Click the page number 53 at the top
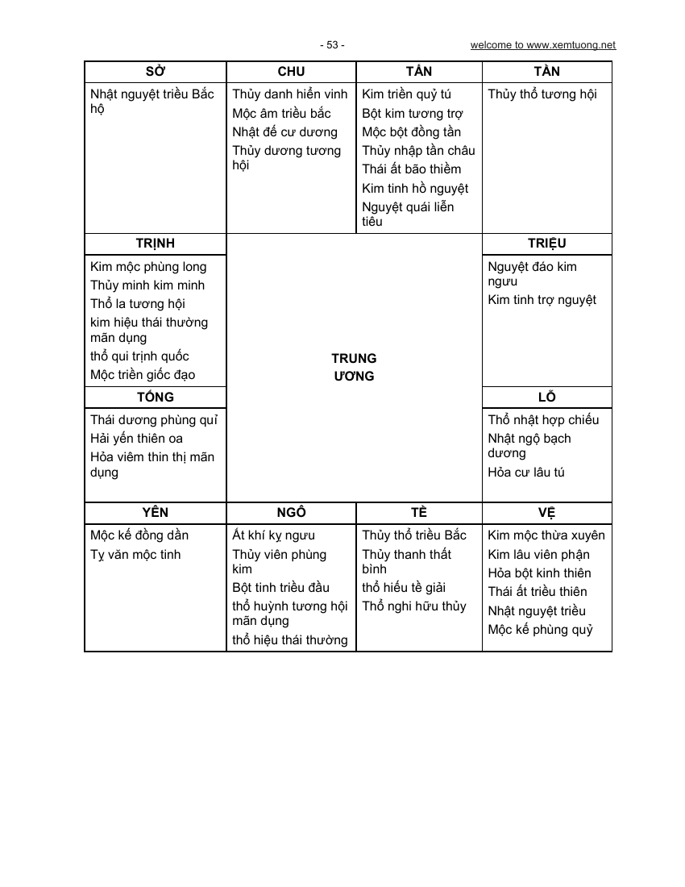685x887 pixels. click(x=331, y=45)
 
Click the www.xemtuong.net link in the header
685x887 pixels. click(x=543, y=45)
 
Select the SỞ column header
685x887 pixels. click(x=156, y=71)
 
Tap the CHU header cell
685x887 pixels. click(x=291, y=71)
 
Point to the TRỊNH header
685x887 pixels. click(x=156, y=244)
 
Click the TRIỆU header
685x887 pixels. click(x=547, y=244)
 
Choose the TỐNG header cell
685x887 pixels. click(x=156, y=397)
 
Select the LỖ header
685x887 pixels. click(x=547, y=397)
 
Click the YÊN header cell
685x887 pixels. click(x=156, y=512)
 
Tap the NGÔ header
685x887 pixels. click(x=291, y=512)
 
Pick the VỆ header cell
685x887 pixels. click(x=547, y=512)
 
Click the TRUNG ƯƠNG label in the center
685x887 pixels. click(x=354, y=367)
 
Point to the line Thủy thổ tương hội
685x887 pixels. click(x=542, y=94)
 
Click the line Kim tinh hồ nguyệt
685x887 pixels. click(x=415, y=189)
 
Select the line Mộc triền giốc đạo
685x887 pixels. click(x=143, y=375)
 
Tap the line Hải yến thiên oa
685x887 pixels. click(x=136, y=439)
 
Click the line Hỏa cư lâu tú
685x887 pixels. click(x=526, y=473)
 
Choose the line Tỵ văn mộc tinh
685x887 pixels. click(x=135, y=555)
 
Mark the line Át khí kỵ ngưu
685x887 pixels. click(x=273, y=535)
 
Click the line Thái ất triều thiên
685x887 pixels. click(x=537, y=592)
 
